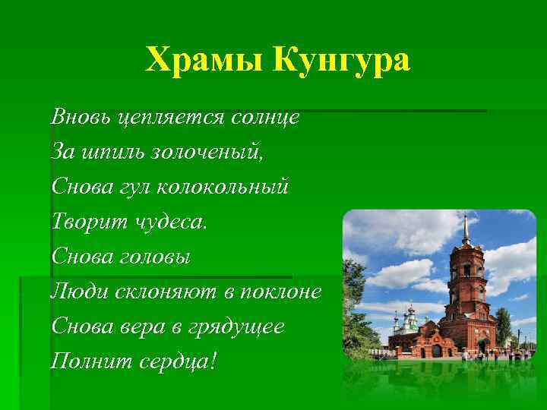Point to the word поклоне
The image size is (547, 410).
[280, 291]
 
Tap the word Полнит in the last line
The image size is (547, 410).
[86, 361]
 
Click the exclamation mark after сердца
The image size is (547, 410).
[213, 360]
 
